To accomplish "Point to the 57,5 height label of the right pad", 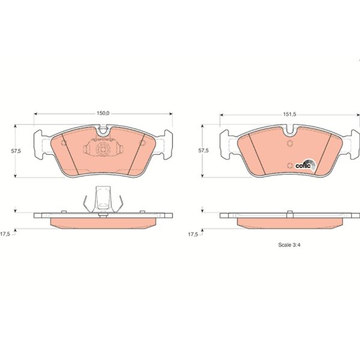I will click(204, 151).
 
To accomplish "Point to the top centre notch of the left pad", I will click(103, 129).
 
